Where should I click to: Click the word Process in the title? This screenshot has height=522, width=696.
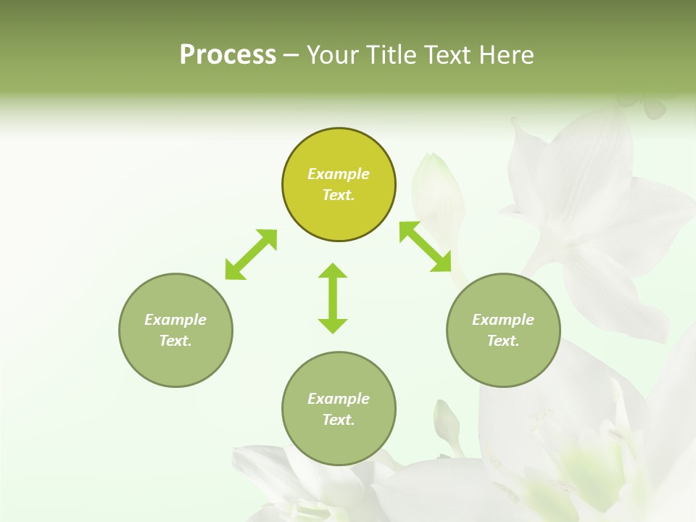point(228,55)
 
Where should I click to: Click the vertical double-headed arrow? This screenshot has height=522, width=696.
point(333,298)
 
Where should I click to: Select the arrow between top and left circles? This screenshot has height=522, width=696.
point(251,254)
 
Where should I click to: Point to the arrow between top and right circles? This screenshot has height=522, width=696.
point(426,246)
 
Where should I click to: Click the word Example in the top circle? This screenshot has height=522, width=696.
point(339,174)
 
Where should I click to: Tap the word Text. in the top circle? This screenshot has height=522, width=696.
point(339,195)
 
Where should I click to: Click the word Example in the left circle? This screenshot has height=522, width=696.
point(175,320)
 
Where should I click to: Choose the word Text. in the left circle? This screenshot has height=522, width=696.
point(175,341)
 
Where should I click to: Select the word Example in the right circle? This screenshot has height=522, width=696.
point(503,320)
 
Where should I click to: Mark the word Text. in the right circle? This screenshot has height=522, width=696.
point(503,341)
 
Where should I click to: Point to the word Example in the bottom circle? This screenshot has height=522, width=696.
point(339,399)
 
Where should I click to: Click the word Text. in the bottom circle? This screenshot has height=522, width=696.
point(339,420)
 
